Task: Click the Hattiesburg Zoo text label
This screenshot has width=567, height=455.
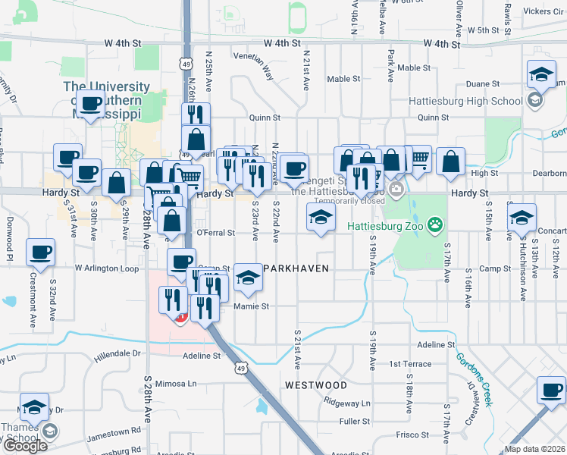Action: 384,225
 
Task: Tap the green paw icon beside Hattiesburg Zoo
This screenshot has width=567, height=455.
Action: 434,224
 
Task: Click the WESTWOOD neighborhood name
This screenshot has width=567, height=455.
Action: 316,385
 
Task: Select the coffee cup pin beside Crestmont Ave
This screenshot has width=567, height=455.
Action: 40,251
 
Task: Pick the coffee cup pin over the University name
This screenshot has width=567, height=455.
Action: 92,102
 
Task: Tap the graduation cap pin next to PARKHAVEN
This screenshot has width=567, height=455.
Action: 247,277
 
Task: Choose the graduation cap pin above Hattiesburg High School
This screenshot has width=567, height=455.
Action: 542,74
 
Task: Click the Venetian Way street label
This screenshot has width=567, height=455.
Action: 254,71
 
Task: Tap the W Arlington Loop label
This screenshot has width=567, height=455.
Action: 107,268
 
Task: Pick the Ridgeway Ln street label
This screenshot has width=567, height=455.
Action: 346,403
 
